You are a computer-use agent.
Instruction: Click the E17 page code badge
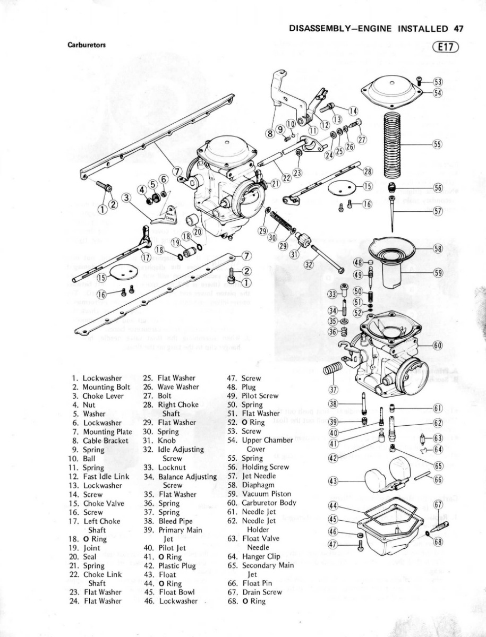coord(446,47)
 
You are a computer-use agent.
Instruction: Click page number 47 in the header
coord(459,29)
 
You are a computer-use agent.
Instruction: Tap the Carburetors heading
coord(87,45)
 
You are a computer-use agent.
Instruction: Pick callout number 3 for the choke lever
coord(126,197)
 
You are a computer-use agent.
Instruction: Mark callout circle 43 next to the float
coord(334,481)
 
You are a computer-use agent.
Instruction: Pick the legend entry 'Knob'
coord(166,441)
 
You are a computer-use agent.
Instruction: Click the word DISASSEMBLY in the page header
coord(318,29)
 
